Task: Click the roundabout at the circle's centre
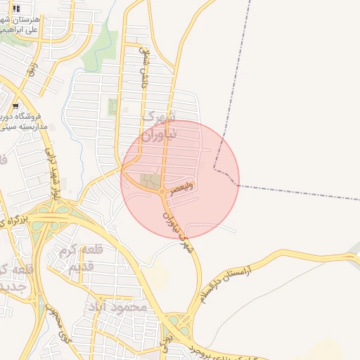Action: click(x=162, y=192)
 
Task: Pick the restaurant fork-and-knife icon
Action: click(x=15, y=8)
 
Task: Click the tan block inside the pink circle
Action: click(x=150, y=181)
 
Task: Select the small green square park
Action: click(x=113, y=107)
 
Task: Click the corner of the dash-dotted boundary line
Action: click(x=215, y=169)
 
